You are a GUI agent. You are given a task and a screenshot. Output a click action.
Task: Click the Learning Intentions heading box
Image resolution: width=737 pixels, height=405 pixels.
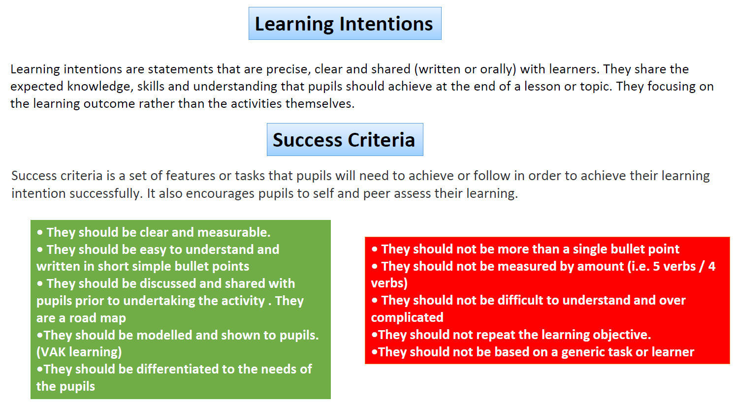coord(345,23)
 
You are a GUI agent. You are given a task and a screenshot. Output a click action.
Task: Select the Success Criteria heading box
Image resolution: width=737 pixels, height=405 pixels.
coord(345,139)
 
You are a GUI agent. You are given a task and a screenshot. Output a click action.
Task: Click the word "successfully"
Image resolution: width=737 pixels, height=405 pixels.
coord(106,194)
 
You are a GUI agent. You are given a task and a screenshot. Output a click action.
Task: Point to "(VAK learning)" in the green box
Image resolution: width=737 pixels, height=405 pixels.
coord(79,352)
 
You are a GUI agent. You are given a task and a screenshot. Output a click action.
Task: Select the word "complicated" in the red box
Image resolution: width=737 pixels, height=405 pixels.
coord(407,318)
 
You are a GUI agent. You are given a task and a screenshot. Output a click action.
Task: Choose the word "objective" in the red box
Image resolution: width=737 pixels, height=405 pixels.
coord(621,335)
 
